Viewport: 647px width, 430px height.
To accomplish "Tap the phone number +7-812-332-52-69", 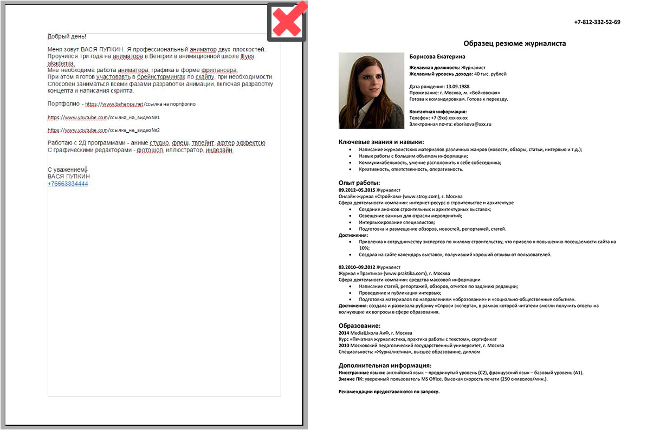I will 597,22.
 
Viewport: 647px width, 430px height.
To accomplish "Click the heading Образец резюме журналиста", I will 514,43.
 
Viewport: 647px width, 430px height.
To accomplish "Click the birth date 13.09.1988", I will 457,86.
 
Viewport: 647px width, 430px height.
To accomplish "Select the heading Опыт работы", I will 359,183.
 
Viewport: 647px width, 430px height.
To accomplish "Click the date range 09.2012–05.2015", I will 357,190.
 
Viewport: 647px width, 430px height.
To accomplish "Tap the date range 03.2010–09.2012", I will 357,267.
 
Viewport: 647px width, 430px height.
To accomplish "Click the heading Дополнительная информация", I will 385,365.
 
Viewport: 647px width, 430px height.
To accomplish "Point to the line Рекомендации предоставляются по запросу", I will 389,391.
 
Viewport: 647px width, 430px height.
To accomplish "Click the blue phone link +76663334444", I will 68,184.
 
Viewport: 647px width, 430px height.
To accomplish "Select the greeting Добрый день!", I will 67,36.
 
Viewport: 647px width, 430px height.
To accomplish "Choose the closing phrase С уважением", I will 66,170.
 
